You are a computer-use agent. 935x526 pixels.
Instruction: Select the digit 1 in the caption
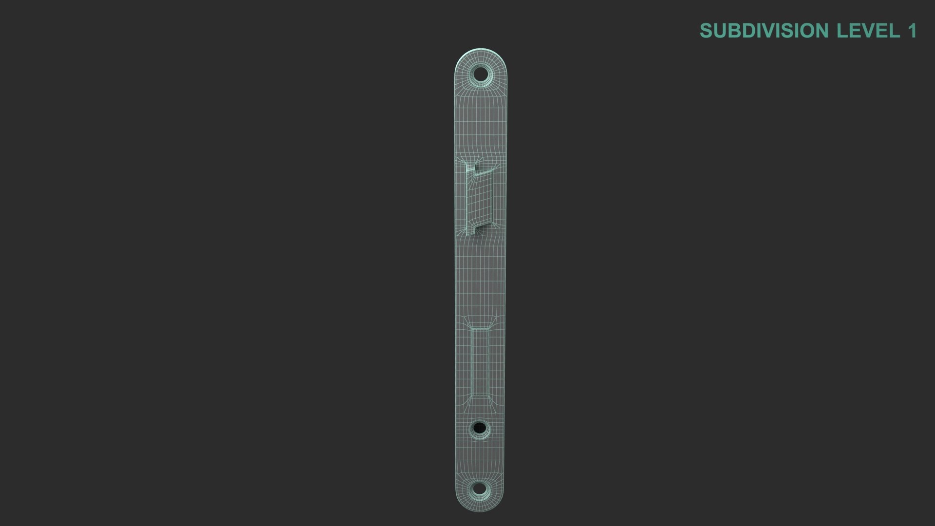tap(912, 31)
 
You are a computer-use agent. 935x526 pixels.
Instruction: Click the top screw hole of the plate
tap(481, 75)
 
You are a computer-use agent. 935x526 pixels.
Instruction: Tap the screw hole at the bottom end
tap(479, 488)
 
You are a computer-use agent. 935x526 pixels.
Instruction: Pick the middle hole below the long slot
tap(479, 429)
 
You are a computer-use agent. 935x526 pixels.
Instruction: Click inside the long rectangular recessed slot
tap(480, 360)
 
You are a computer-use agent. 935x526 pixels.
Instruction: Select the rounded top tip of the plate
tap(482, 50)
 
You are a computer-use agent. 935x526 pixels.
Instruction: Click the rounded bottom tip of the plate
tap(479, 510)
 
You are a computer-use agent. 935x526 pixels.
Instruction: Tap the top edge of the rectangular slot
tap(480, 328)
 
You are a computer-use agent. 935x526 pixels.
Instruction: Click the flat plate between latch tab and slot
tap(480, 278)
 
